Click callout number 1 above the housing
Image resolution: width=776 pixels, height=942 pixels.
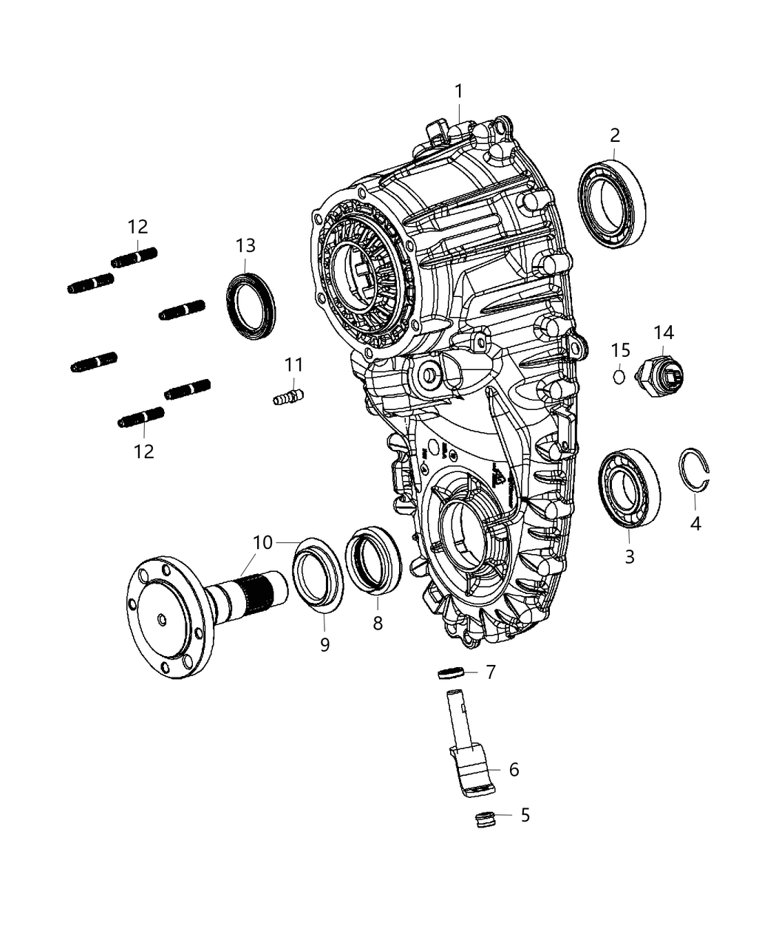point(458,92)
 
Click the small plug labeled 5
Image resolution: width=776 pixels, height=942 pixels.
point(483,819)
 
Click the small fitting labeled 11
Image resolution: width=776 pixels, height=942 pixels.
point(288,396)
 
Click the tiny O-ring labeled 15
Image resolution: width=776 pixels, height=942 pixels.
point(619,376)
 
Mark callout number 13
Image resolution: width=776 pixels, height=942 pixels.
point(245,245)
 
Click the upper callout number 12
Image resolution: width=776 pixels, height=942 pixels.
point(137,227)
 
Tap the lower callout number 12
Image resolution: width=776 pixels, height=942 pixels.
point(143,451)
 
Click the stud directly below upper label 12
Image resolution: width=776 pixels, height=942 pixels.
point(134,259)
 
